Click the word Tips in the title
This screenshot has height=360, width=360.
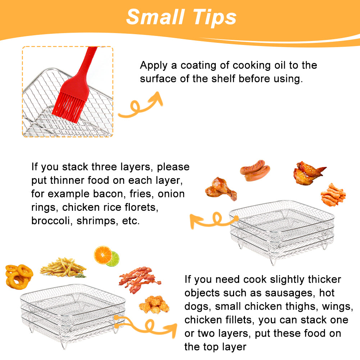tap(214, 18)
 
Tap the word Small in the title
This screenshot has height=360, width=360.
tap(155, 17)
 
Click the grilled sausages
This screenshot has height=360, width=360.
tap(255, 170)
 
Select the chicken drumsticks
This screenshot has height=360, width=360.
tap(221, 189)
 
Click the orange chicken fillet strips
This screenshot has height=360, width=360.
tap(333, 195)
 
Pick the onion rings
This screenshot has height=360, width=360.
tap(19, 276)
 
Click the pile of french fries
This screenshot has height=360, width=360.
tap(63, 268)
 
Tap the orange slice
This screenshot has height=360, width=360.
tap(103, 255)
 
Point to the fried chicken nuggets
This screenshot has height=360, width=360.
tap(154, 305)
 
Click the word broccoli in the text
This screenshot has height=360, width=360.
tap(50, 220)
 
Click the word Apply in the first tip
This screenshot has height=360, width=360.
tap(154, 66)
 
